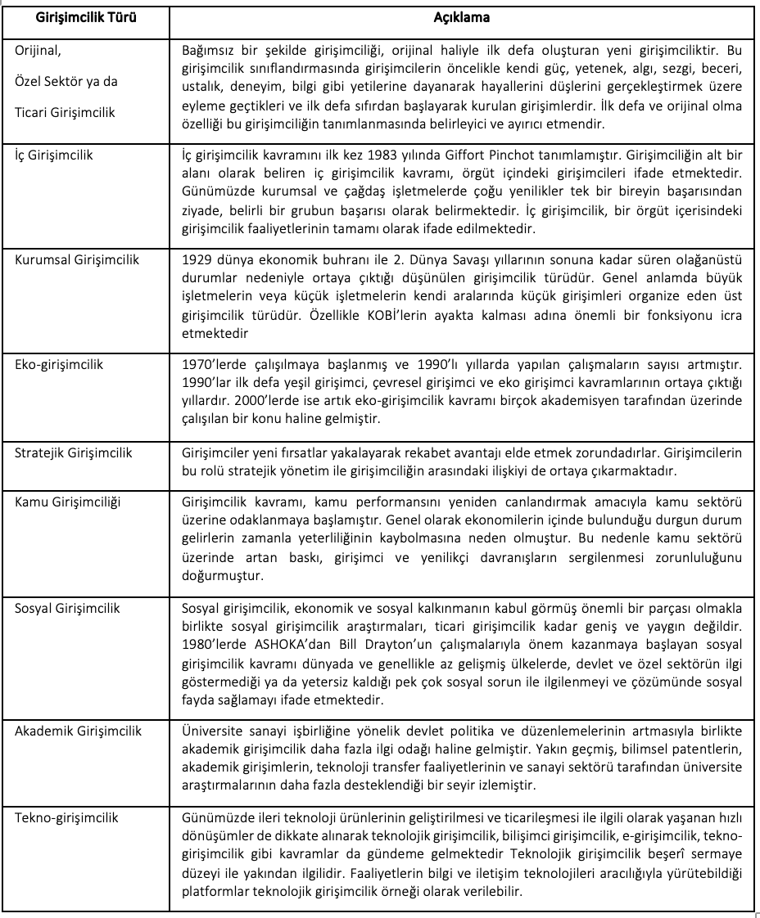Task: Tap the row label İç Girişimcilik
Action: coord(54,154)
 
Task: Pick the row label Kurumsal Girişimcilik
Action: coord(77,260)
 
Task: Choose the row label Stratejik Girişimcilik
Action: coord(74,452)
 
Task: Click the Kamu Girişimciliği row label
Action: coord(67,502)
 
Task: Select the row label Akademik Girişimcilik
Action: coord(78,731)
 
